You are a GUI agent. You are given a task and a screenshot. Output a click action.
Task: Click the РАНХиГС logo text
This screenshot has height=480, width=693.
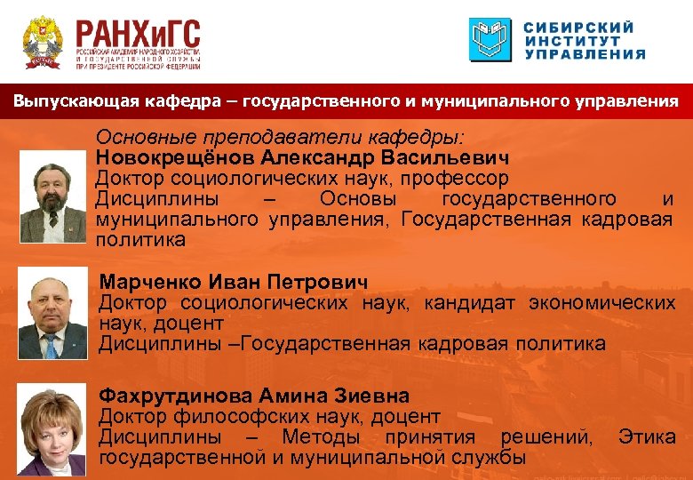(x=138, y=36)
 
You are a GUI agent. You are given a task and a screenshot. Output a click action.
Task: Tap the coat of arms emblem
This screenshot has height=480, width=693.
(x=42, y=42)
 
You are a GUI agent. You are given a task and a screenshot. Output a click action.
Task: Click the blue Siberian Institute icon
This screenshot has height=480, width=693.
(x=490, y=40)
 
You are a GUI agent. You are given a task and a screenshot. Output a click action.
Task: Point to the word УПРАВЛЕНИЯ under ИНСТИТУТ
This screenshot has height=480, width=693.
(x=585, y=54)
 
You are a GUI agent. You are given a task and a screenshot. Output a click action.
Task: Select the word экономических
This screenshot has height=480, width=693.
(x=601, y=303)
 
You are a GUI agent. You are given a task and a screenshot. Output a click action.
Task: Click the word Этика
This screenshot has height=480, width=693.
(x=647, y=436)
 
